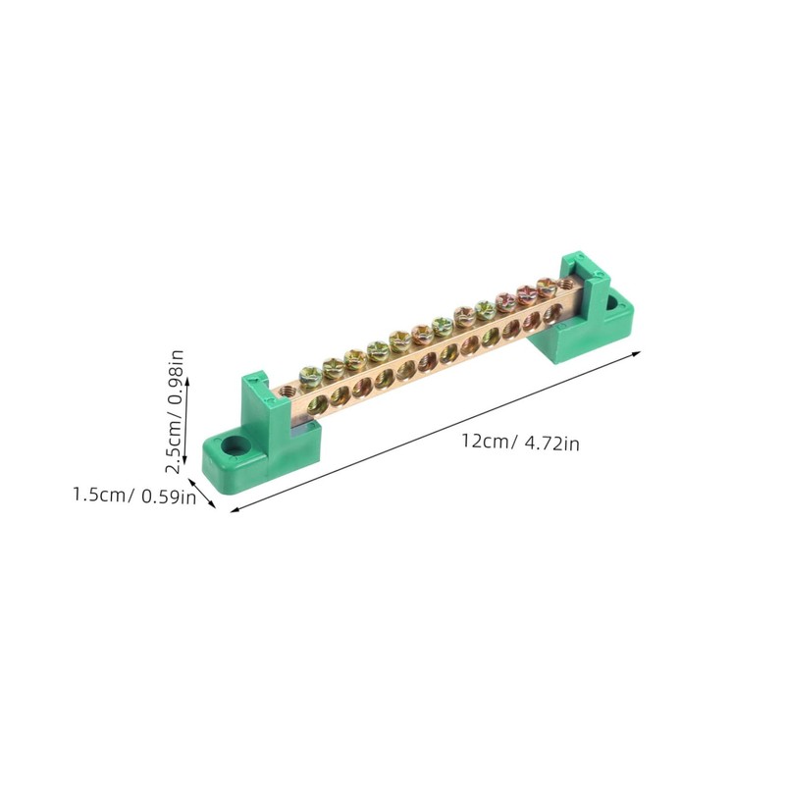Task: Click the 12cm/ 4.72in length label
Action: (x=521, y=443)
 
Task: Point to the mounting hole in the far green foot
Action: (x=618, y=300)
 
